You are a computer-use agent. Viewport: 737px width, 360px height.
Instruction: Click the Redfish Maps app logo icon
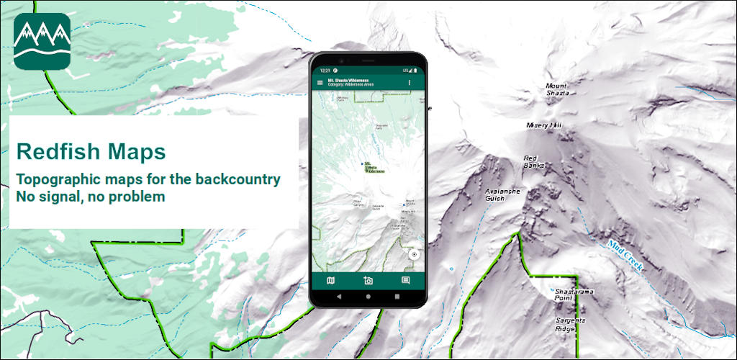(x=42, y=41)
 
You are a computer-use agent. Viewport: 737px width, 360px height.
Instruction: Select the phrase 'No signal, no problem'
(x=91, y=196)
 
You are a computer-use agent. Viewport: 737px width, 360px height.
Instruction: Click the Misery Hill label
(x=544, y=125)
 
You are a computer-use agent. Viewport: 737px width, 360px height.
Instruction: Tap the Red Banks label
(x=533, y=161)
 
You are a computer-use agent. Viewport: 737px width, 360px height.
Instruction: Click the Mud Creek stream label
(x=624, y=256)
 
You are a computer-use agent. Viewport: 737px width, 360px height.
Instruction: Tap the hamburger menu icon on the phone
(x=320, y=83)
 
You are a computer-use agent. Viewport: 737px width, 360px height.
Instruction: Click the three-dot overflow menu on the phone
(x=410, y=83)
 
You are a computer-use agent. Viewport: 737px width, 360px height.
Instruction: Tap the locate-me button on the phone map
(x=414, y=255)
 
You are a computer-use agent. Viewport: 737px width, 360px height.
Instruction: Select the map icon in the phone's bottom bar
(x=330, y=280)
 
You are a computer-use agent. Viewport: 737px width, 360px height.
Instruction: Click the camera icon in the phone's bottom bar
(x=368, y=280)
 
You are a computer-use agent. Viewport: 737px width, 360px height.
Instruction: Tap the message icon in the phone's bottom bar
(x=405, y=280)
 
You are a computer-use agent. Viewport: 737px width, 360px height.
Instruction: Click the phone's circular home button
(x=368, y=297)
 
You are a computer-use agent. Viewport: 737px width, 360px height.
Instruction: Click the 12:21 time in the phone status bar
(x=325, y=71)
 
